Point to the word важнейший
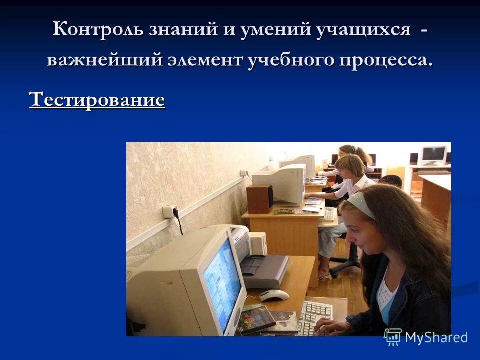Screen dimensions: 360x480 tap(105, 61)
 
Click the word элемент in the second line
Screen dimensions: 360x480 tap(207, 61)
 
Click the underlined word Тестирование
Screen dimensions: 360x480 tap(97, 100)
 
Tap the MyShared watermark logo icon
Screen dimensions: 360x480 tap(393, 337)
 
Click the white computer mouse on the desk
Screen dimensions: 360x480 tap(274, 295)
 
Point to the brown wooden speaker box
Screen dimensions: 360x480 tap(260, 199)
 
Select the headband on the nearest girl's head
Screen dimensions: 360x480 tap(361, 203)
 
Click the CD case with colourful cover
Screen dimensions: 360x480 tap(256, 319)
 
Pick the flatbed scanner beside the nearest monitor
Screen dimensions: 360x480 tap(265, 270)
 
